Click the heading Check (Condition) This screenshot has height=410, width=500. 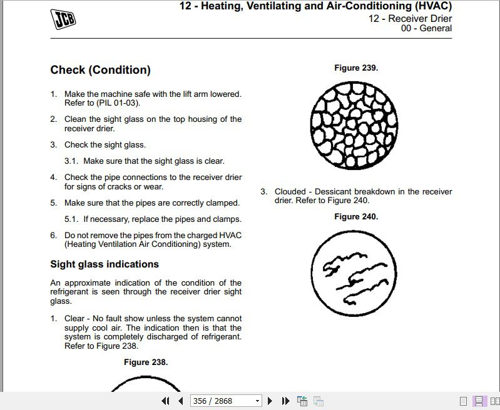100,70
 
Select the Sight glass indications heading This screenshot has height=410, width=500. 105,264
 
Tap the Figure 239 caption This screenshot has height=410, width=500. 356,67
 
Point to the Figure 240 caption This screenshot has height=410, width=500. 356,216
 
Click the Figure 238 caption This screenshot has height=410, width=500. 146,362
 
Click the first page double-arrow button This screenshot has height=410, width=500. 166,401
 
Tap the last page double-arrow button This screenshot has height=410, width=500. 285,401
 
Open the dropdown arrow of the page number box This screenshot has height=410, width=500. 257,401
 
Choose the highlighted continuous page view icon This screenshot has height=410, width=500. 479,401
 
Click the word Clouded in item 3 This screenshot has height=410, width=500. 290,191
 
